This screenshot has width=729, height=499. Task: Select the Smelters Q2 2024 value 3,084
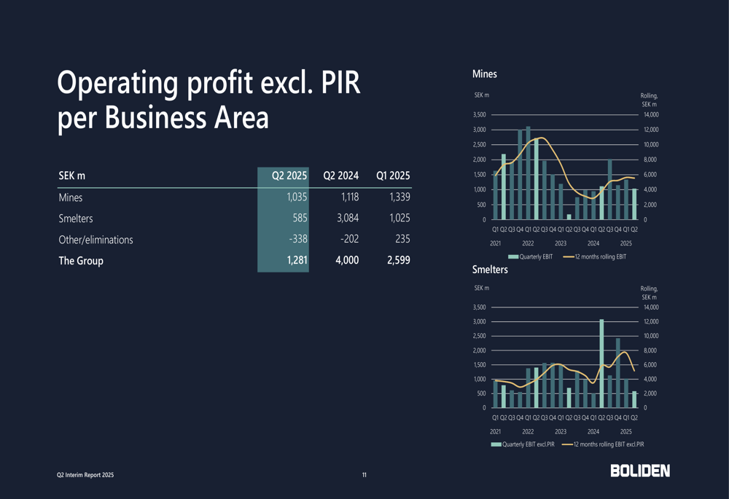tap(345, 218)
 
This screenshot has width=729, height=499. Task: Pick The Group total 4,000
tap(346, 260)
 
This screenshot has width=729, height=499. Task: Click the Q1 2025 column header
tap(393, 176)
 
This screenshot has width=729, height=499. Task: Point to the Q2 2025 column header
tap(289, 176)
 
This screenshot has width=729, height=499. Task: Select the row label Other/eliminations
tap(95, 239)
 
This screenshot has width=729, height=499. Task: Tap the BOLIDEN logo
tap(640, 471)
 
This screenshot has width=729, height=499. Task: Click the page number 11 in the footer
tap(364, 475)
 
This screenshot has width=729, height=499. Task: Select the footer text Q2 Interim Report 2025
tap(86, 475)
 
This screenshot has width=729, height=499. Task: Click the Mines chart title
tap(484, 74)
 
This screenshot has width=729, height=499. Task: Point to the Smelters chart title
tap(490, 270)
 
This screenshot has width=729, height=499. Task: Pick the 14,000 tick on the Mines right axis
tap(649, 114)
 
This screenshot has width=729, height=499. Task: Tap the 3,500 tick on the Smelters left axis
tap(479, 307)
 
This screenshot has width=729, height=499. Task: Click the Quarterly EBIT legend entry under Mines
tap(531, 256)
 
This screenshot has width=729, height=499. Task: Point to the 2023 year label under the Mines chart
tap(561, 243)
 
